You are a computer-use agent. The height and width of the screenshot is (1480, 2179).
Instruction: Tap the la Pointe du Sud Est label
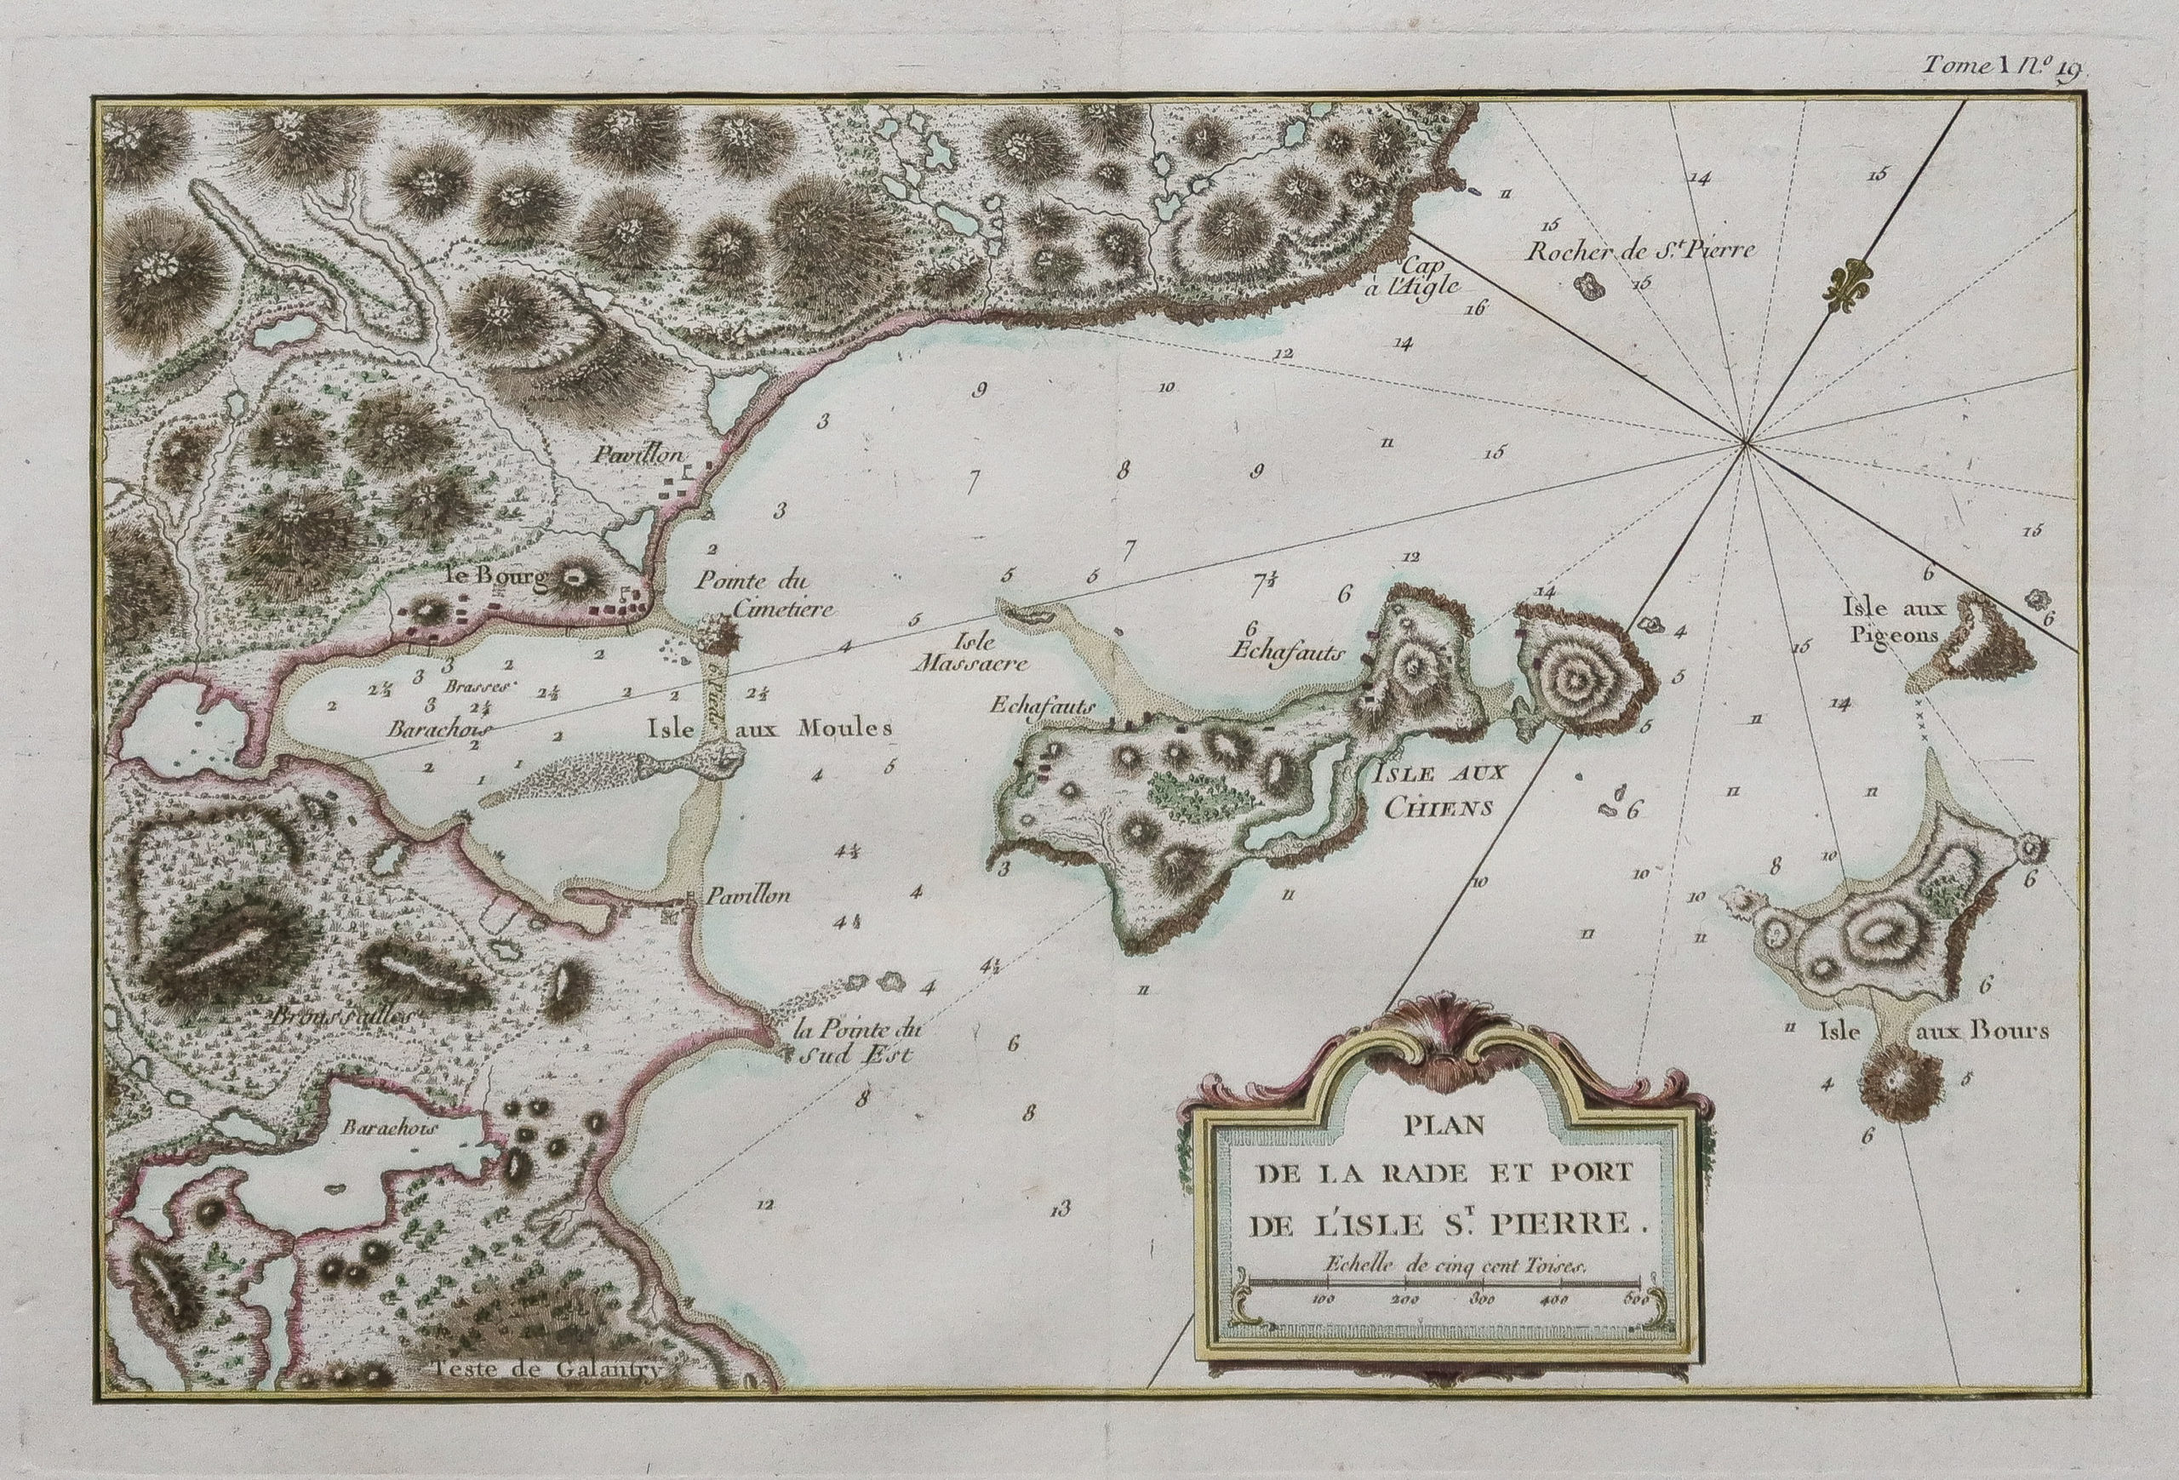coord(856,1043)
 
